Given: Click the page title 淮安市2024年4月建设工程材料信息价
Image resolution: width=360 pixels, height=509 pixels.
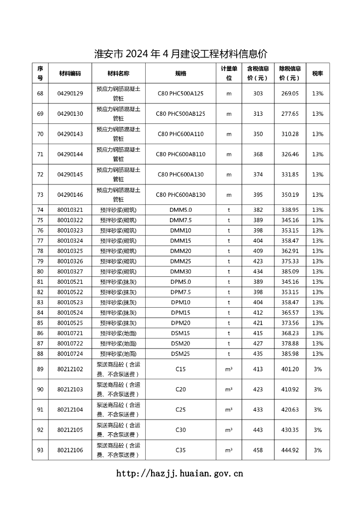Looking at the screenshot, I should [x=180, y=54].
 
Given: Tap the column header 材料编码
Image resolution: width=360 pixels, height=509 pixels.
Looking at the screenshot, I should [x=70, y=73].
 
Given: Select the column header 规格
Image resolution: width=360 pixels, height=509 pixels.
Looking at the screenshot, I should [x=180, y=73].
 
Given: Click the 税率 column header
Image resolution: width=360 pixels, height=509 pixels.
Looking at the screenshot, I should [x=318, y=73].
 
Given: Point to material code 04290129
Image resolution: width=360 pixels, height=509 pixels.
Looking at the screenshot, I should [x=70, y=93].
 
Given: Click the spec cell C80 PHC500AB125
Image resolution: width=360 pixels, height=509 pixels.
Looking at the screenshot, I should [x=180, y=114].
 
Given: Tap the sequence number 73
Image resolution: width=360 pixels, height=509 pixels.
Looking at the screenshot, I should [x=40, y=195].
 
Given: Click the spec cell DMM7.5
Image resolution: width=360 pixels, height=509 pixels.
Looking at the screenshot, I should [x=180, y=220].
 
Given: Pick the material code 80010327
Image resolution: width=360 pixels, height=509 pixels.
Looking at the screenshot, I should [x=70, y=271].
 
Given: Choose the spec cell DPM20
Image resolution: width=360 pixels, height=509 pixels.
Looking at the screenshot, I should [x=180, y=323].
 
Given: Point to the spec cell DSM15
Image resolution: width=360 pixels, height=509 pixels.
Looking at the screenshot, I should [x=180, y=333].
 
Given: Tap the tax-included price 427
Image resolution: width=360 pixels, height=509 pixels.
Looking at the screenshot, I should [x=258, y=343].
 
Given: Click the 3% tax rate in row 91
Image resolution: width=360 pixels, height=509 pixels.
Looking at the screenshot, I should [x=318, y=410].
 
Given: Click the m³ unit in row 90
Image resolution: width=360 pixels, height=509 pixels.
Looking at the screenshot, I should [x=229, y=389].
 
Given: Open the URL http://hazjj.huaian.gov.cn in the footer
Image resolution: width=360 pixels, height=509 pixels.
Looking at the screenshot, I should [x=180, y=474].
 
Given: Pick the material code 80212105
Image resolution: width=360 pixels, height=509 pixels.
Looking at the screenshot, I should [x=70, y=430].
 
